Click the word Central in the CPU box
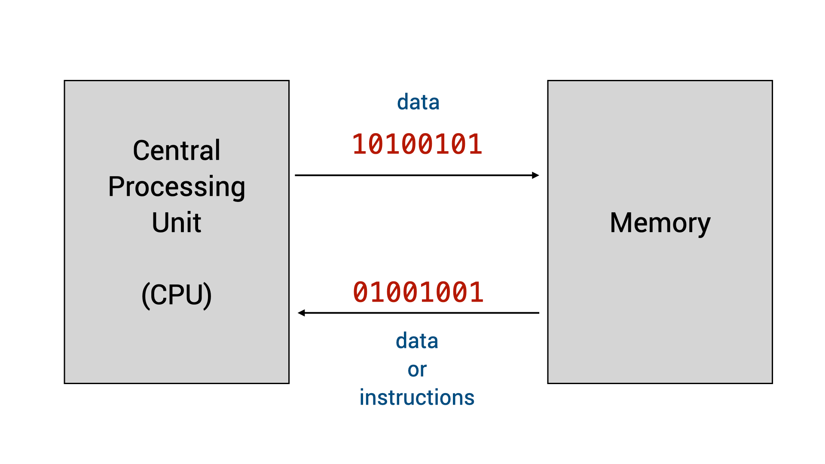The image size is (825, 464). pyautogui.click(x=177, y=151)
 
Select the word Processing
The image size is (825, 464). pyautogui.click(x=177, y=187)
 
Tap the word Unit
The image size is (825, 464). pyautogui.click(x=177, y=223)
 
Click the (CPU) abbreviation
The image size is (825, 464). pyautogui.click(x=177, y=295)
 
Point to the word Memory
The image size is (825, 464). pyautogui.click(x=660, y=223)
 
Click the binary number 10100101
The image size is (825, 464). pyautogui.click(x=417, y=144)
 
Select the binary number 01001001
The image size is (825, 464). pyautogui.click(x=418, y=293)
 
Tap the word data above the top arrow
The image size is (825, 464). pyautogui.click(x=418, y=102)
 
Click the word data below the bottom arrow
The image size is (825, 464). pyautogui.click(x=417, y=341)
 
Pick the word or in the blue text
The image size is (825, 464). pyautogui.click(x=417, y=369)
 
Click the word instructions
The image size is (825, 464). pyautogui.click(x=417, y=397)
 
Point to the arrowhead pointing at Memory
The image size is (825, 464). pyautogui.click(x=535, y=175)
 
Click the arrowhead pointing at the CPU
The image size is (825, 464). pyautogui.click(x=302, y=313)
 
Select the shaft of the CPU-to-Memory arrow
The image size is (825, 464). pyautogui.click(x=412, y=175)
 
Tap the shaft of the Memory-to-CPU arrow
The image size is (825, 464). pyautogui.click(x=421, y=313)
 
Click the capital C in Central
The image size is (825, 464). pyautogui.click(x=141, y=151)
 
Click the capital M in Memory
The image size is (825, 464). pyautogui.click(x=621, y=223)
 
